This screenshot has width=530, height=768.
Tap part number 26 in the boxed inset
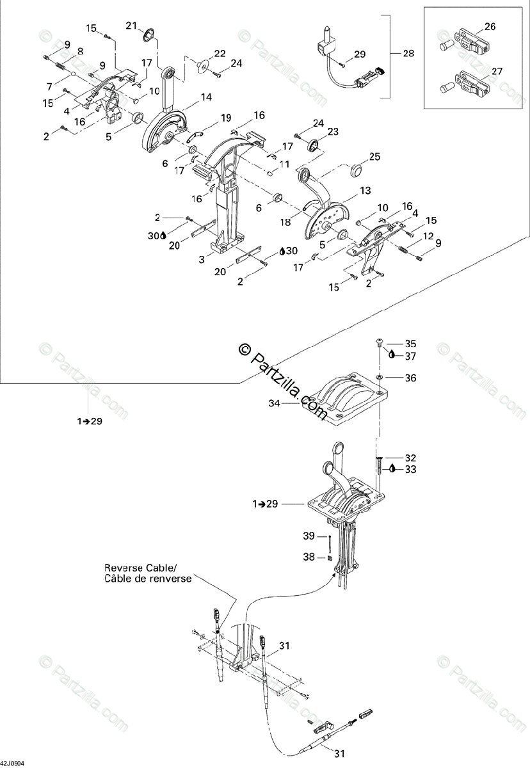tap(490, 27)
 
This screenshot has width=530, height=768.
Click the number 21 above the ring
tap(131, 25)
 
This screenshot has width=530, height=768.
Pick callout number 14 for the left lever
tap(205, 97)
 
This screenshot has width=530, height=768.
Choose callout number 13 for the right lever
tap(365, 191)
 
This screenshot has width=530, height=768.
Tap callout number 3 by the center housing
tap(202, 259)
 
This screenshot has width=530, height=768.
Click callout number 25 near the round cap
tap(374, 157)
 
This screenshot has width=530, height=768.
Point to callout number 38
tap(309, 557)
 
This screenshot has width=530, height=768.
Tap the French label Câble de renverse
tap(136, 579)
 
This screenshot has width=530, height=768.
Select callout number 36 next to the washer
tap(410, 378)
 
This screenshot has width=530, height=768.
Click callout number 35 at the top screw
tap(410, 343)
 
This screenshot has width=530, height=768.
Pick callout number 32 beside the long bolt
tap(410, 458)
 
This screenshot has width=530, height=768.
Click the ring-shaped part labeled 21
tap(148, 35)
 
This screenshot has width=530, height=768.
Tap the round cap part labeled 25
tap(355, 170)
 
